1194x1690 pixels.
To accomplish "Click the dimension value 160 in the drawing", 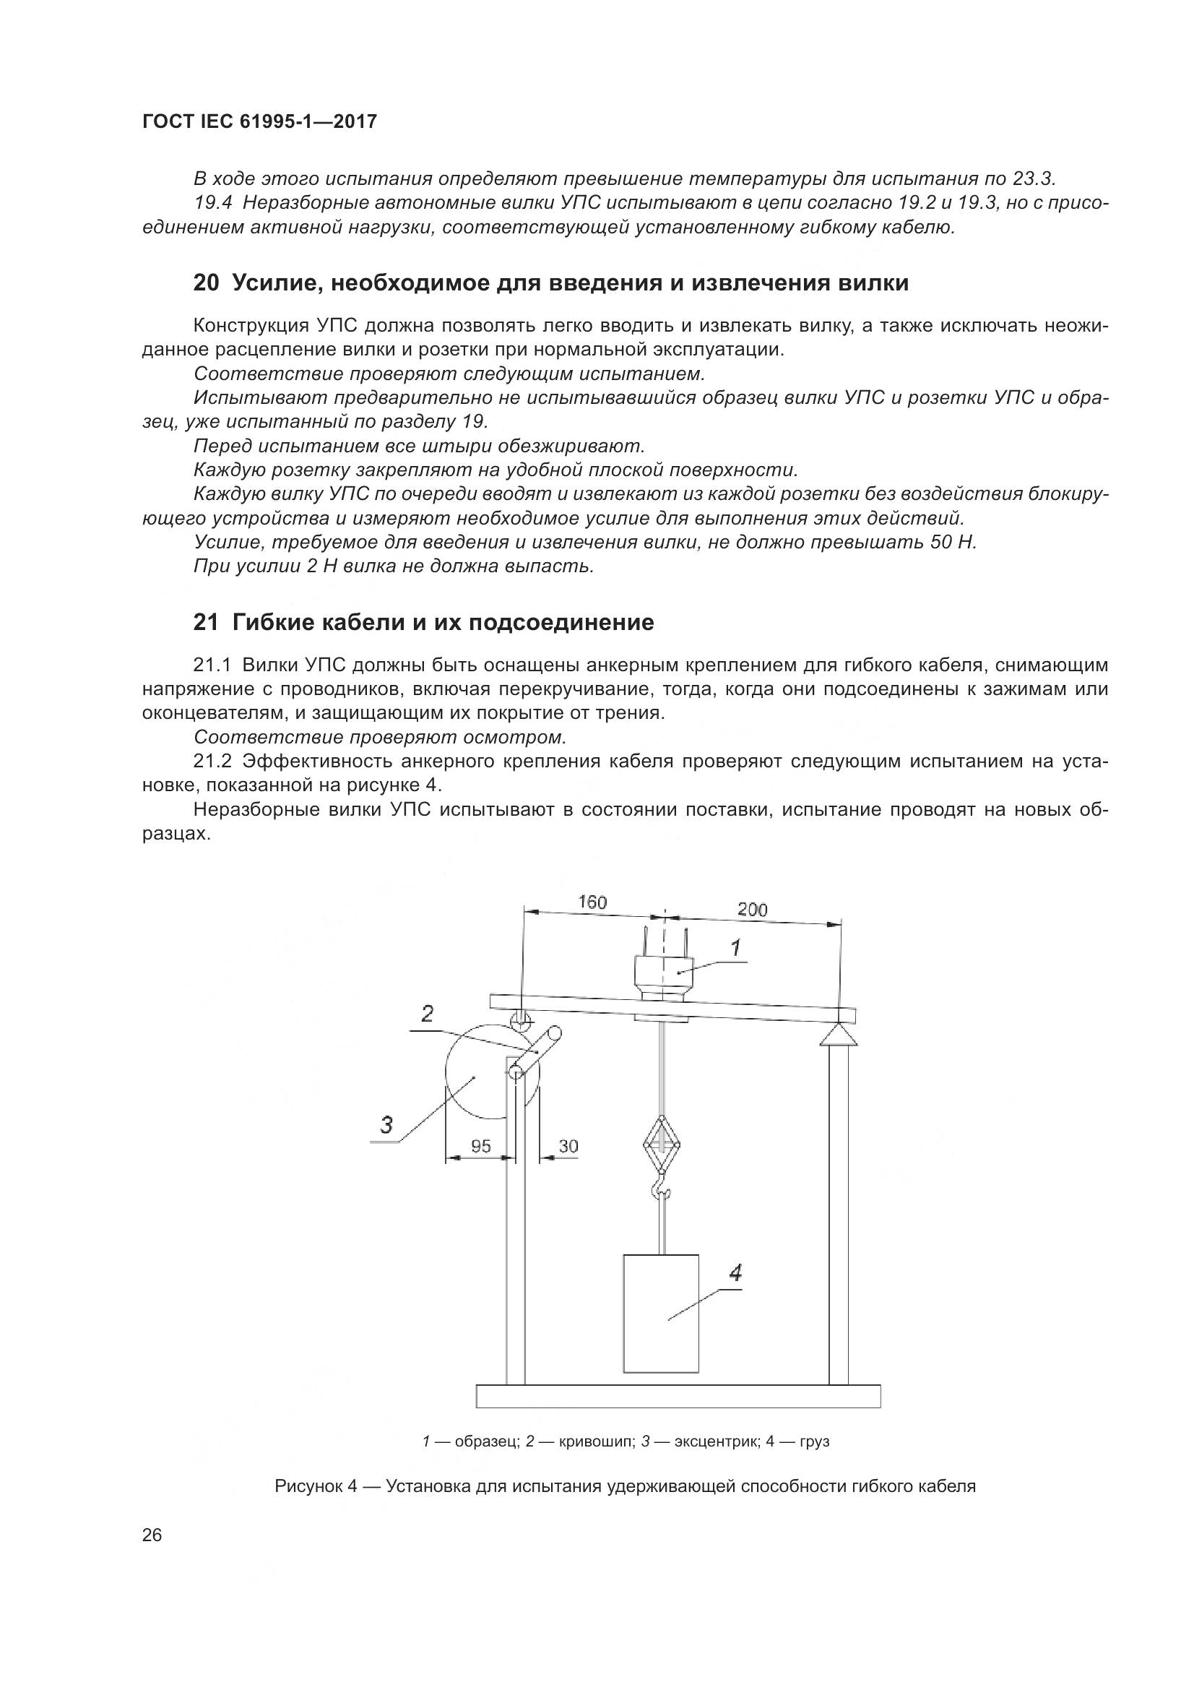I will [592, 902].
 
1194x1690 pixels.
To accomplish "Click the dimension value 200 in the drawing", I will [752, 910].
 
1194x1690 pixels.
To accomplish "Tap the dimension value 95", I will [481, 1146].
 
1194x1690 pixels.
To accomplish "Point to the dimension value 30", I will [568, 1146].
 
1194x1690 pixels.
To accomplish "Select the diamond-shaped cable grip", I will [662, 1144].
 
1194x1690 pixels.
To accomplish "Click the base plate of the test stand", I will [678, 1397].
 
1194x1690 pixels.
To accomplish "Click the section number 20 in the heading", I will [206, 283].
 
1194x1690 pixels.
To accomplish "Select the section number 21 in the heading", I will [206, 623].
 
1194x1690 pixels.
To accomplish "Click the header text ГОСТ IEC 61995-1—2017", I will [259, 121].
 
